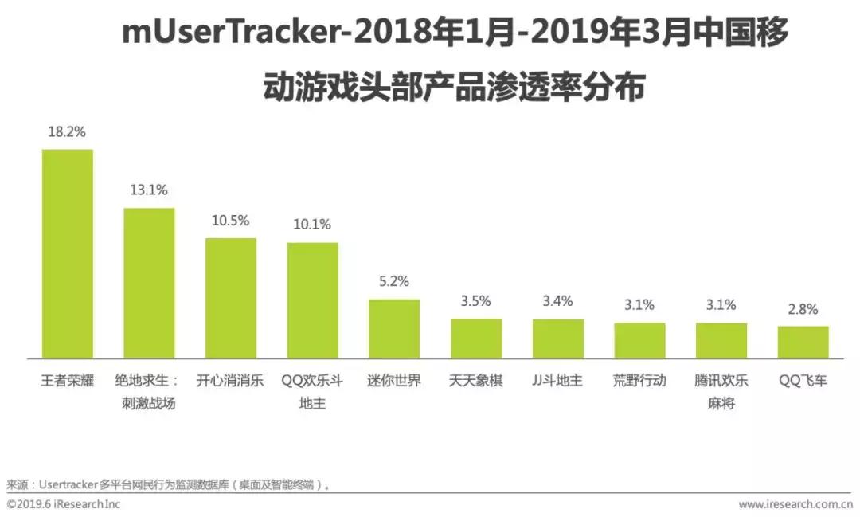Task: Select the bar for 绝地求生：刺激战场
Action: point(149,283)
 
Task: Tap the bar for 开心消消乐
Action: point(231,298)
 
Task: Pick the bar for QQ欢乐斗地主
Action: point(312,300)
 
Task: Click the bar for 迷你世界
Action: point(394,329)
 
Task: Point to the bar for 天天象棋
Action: point(476,339)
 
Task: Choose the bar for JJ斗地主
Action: point(557,339)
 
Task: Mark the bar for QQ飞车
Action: point(803,342)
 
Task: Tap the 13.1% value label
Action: point(149,190)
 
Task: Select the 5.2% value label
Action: point(394,281)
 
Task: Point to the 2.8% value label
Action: point(803,309)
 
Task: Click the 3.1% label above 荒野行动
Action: point(639,304)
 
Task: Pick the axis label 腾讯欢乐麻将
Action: point(721,392)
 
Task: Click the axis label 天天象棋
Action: point(476,381)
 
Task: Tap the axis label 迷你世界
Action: point(394,381)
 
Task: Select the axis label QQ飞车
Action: point(803,381)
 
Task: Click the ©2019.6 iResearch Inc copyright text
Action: point(64,504)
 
